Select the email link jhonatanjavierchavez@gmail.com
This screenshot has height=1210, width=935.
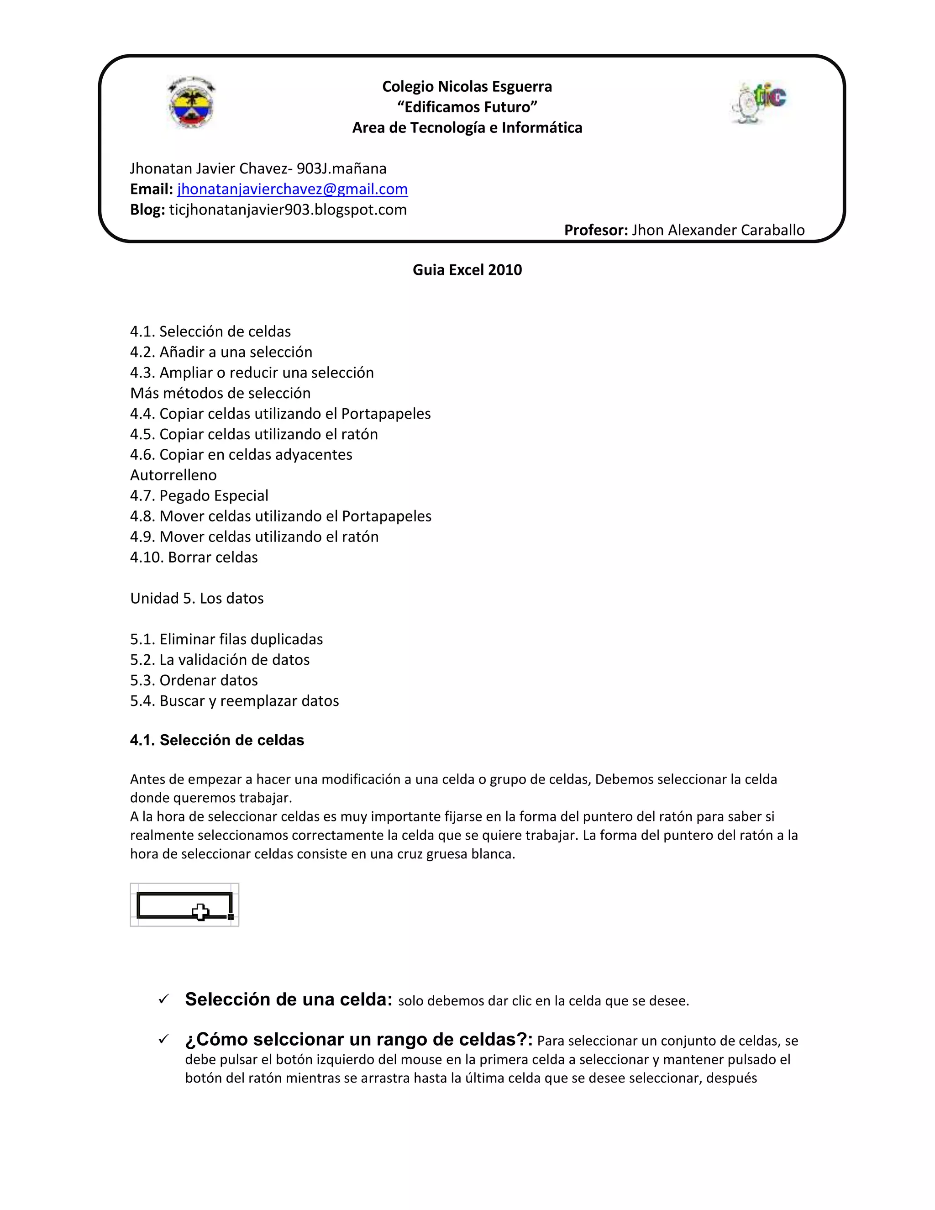(293, 189)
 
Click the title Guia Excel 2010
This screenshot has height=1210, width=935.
(467, 270)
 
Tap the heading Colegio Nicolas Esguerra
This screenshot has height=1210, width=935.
(467, 86)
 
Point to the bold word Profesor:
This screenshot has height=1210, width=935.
(595, 230)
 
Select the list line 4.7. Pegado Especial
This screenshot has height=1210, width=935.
(199, 496)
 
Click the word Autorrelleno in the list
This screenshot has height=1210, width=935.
(173, 475)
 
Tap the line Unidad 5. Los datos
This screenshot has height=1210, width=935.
(197, 598)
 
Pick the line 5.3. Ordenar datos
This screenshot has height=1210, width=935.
(194, 680)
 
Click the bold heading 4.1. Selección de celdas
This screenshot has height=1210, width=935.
(217, 741)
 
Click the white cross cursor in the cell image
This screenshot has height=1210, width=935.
(200, 912)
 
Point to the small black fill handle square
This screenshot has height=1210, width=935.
(231, 917)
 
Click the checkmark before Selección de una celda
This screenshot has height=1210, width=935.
(163, 1000)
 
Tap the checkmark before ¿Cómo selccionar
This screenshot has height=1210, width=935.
(163, 1039)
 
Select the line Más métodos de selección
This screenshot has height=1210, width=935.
(221, 393)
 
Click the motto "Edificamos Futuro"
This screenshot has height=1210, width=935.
(467, 107)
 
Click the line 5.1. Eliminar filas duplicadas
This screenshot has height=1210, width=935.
(226, 639)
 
